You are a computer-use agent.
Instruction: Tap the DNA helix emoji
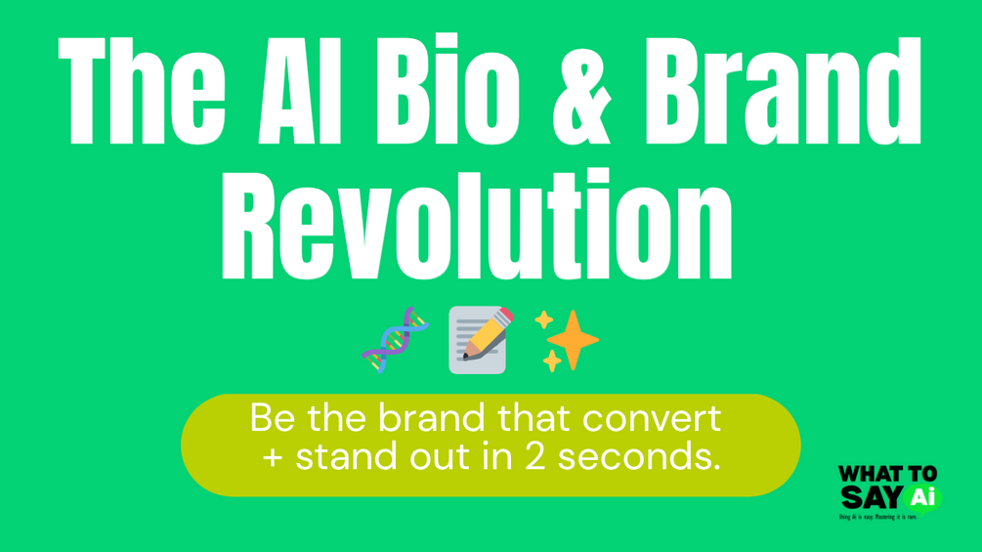click(x=396, y=339)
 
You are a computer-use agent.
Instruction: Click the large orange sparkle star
click(x=571, y=340)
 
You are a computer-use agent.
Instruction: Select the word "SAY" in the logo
click(x=868, y=498)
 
